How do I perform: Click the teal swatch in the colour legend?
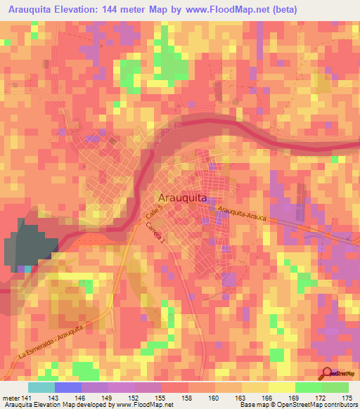41,387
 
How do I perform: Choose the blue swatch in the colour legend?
68,387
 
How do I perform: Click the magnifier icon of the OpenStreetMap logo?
327,373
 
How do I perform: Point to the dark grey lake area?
28,242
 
